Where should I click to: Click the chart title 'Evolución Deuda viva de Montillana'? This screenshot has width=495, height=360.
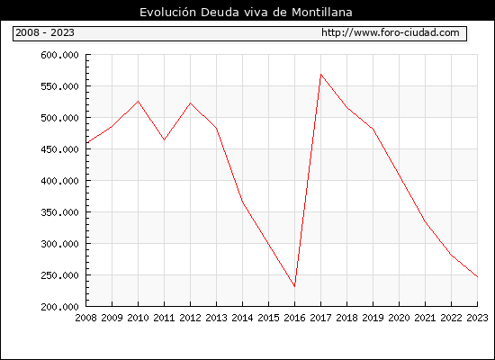[246, 12]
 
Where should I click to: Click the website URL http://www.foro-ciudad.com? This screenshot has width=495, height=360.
[391, 32]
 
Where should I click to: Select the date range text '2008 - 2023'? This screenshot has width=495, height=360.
[45, 32]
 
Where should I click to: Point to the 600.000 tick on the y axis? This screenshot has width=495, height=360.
[59, 55]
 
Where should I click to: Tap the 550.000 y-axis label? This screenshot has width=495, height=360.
[59, 86]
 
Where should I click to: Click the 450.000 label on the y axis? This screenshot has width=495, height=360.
[59, 149]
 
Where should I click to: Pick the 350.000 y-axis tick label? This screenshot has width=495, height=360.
[59, 212]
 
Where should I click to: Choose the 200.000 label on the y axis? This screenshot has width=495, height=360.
[59, 307]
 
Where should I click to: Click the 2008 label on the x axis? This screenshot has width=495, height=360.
[85, 318]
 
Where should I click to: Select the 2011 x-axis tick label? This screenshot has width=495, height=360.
[164, 318]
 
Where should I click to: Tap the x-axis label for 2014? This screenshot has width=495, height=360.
[242, 318]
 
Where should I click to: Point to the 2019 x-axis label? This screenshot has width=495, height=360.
[373, 318]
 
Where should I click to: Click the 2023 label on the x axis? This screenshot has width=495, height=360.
[477, 318]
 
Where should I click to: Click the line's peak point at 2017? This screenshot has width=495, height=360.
[320, 75]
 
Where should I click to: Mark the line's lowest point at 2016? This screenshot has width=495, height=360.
[294, 286]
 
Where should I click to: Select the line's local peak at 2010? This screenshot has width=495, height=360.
[138, 102]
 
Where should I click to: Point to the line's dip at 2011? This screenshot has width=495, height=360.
[164, 139]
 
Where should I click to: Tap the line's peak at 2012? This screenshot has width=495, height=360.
[190, 103]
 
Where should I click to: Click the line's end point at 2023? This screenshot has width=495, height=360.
[477, 276]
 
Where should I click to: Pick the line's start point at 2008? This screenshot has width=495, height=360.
[86, 143]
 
